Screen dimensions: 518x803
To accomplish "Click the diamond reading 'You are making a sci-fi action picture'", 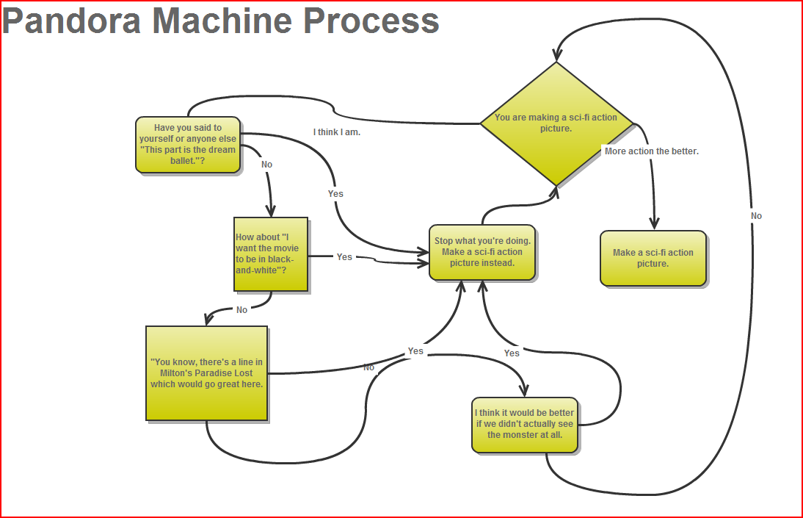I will pos(556,123).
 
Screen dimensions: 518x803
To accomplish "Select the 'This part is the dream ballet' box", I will pos(188,144).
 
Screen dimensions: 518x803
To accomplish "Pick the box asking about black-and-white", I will pos(270,254).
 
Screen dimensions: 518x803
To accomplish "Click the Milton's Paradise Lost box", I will pos(206,373).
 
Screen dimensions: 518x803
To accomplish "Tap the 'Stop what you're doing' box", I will pos(482,252).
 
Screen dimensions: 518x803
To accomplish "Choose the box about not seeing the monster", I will pos(525,424).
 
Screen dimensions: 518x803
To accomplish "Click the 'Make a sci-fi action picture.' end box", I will pos(653,258).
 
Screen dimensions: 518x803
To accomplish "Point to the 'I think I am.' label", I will pos(337,132).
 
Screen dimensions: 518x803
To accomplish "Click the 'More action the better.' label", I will pos(651,151).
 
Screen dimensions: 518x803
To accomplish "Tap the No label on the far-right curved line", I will pos(756,216).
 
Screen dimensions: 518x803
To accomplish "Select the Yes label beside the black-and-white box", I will pos(344,257).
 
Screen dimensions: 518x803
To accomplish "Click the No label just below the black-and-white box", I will pos(241,310).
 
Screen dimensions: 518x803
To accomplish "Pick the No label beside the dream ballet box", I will pos(266,165).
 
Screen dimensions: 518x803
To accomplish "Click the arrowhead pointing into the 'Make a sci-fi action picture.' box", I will pos(655,223).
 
